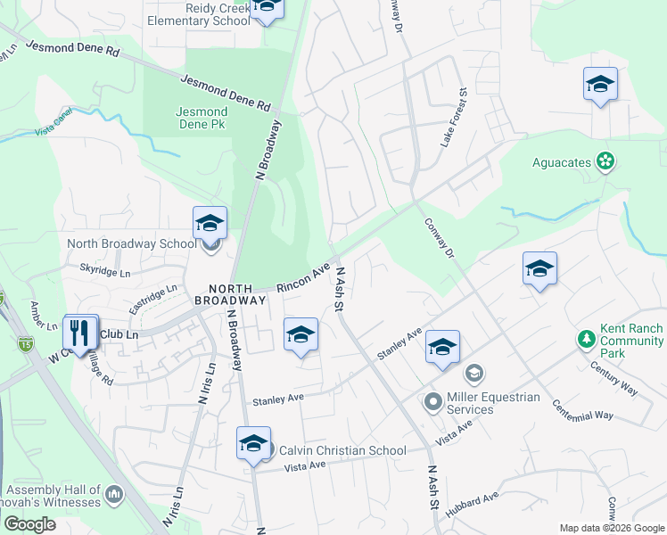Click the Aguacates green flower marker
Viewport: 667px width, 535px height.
coord(606,161)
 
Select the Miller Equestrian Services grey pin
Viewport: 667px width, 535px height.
coord(433,402)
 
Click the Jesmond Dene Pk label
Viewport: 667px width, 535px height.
coord(201,118)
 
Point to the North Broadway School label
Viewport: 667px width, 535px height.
coord(132,243)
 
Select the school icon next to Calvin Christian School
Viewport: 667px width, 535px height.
coord(253,443)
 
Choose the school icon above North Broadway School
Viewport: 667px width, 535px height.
coord(210,223)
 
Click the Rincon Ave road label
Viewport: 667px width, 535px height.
coord(304,277)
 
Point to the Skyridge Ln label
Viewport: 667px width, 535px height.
coord(105,268)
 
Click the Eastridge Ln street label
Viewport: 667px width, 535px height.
coord(153,298)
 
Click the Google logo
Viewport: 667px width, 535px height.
coord(29,524)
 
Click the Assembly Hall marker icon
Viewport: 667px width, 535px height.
coord(113,494)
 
